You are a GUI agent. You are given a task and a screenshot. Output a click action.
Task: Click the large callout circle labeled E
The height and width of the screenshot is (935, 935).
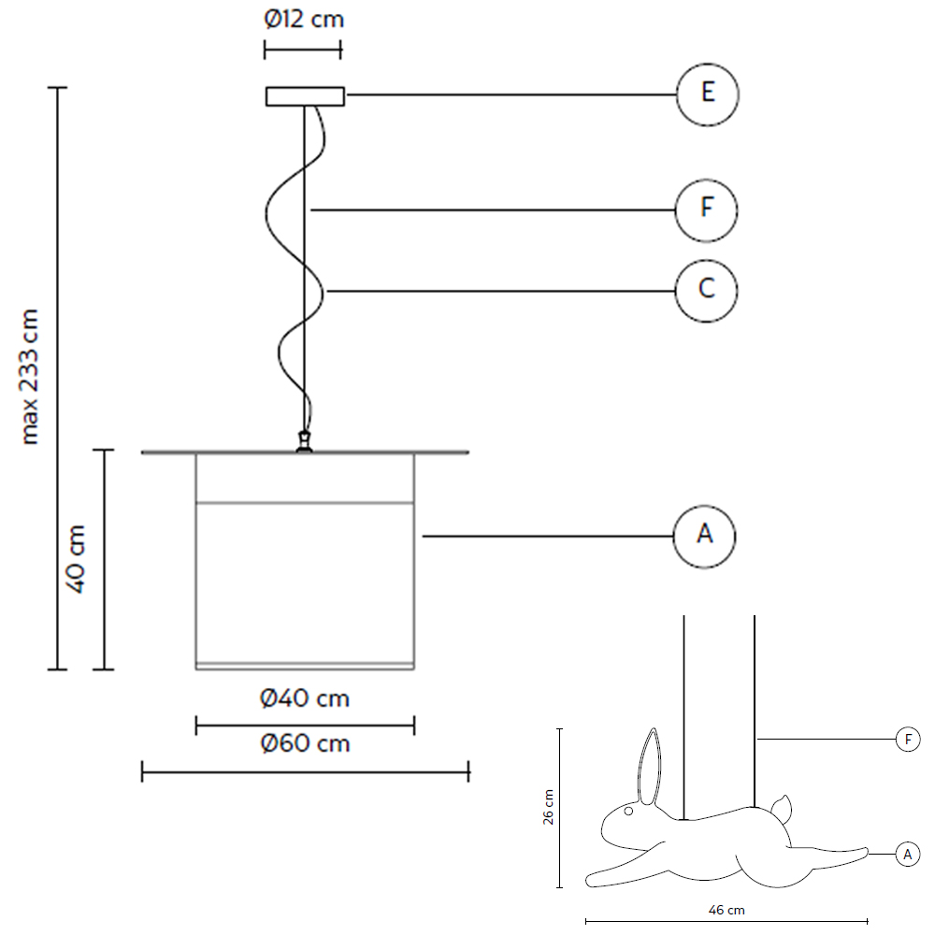707,93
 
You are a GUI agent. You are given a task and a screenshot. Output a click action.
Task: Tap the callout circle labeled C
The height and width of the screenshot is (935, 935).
707,290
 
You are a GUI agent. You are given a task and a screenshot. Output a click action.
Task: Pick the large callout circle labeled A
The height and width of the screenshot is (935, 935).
705,536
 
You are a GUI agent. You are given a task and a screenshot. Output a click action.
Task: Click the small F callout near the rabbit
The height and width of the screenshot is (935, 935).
907,740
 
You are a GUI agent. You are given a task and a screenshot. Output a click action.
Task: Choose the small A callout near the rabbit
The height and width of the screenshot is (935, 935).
907,853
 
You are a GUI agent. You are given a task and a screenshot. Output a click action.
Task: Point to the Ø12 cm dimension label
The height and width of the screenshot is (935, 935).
303,19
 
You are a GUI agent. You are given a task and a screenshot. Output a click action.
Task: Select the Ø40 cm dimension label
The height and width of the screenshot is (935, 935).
305,698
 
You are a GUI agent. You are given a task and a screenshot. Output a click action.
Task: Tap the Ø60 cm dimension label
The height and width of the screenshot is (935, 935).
305,744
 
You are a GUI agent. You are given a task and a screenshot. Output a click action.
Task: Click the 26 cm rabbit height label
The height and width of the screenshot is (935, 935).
549,807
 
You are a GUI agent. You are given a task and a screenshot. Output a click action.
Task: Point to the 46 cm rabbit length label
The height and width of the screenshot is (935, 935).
726,909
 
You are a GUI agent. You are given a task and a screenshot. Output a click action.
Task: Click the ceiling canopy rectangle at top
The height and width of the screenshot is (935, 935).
305,95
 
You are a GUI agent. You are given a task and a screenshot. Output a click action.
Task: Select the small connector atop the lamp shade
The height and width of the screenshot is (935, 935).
303,442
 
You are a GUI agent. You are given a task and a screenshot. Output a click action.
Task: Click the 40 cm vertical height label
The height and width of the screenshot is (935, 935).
77,559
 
